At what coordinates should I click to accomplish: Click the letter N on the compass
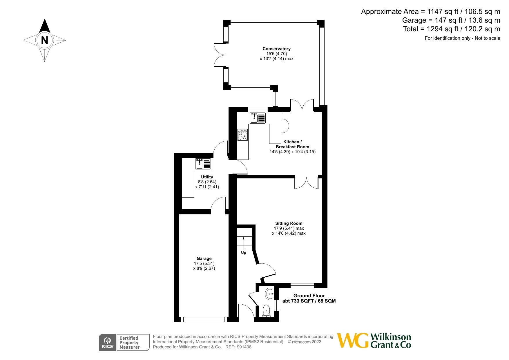coord(44,40)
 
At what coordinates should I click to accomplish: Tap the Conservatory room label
coord(276,49)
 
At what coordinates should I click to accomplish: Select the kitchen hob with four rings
coord(242,135)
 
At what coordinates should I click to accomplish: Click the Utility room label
coord(207,177)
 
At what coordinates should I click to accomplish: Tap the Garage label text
coord(204,258)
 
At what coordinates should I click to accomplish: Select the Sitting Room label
coord(289,223)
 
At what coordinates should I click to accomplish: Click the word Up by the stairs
coord(244,253)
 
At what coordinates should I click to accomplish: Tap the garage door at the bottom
coord(204,320)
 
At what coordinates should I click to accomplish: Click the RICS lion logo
coord(107,343)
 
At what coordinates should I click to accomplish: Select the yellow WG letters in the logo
coord(353,341)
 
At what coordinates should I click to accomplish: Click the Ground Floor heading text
coord(309,296)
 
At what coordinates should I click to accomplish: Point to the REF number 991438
coord(244,347)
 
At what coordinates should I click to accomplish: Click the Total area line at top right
coord(451,29)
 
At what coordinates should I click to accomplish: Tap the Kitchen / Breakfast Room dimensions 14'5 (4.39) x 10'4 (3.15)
coord(292,152)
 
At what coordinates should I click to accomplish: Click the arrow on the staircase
coord(244,242)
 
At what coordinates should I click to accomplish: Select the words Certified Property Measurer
coord(129,343)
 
